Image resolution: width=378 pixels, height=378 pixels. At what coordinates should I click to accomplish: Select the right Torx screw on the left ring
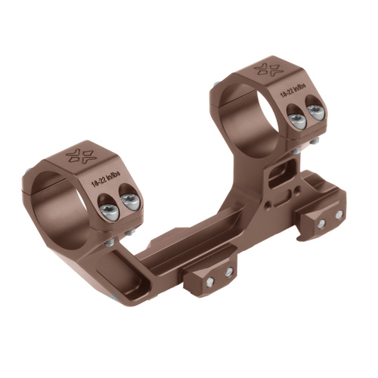click(x=129, y=200)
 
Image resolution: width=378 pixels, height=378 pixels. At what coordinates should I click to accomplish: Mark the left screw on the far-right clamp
click(x=321, y=224)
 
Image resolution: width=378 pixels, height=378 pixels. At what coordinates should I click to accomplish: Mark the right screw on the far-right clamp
click(x=339, y=215)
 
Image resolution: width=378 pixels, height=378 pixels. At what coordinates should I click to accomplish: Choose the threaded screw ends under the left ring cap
click(x=112, y=240)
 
